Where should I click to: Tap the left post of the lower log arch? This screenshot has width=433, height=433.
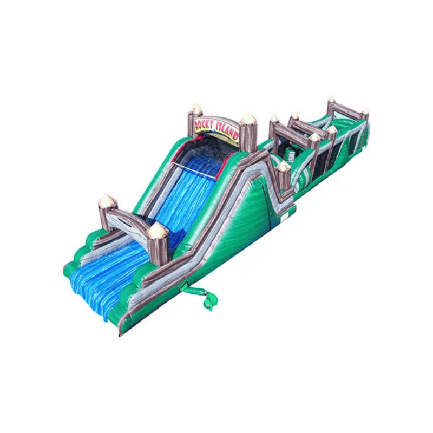[x=107, y=212]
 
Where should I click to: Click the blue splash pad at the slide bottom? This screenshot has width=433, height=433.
[x=103, y=281]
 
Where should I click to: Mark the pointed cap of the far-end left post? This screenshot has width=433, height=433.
[x=331, y=100]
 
